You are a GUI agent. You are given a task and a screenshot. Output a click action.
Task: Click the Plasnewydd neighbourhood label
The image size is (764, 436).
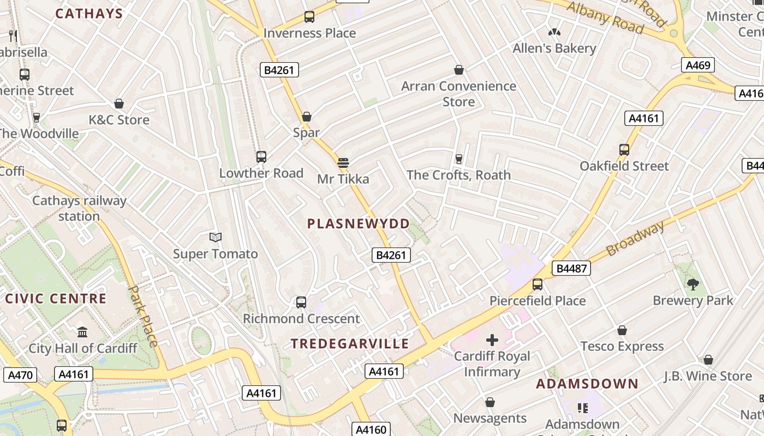pos(359,224)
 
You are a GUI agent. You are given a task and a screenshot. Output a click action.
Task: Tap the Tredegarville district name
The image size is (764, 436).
pos(350,343)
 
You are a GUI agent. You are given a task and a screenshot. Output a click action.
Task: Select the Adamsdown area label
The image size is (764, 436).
pos(587,384)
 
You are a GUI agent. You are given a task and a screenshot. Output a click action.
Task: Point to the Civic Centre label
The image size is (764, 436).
pos(56,299)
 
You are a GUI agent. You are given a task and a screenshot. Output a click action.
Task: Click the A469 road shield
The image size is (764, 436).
pos(698,65)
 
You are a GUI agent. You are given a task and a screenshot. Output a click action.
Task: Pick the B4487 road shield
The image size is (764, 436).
pos(571,268)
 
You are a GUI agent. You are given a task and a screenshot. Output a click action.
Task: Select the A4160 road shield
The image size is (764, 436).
pos(371,429)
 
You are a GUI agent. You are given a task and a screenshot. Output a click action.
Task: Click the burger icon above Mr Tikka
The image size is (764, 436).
pos(343,162)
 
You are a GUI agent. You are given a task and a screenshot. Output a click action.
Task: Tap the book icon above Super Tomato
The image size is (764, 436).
pos(216,237)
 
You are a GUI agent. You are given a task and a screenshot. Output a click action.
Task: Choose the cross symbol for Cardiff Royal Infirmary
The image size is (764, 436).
pos(492,340)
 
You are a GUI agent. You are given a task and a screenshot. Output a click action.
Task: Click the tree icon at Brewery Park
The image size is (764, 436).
pos(693,283)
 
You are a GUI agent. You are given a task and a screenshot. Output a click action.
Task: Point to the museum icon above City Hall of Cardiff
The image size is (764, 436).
pos(82,332)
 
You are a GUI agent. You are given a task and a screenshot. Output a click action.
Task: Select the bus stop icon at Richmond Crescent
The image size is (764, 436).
pos(301,302)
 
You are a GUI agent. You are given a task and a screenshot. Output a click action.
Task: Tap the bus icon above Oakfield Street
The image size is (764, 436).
pos(624,149)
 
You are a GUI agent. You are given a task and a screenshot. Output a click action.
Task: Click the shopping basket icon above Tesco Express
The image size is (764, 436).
pos(622,330)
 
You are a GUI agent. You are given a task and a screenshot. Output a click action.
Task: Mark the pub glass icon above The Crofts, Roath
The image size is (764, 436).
pos(458,159)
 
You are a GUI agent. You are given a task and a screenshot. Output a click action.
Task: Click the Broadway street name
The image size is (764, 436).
pos(636,238)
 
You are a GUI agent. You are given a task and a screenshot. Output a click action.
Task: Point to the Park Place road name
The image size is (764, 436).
pos(144,316)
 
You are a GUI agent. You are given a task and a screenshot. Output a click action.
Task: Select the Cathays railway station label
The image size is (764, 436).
pos(79,208)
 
